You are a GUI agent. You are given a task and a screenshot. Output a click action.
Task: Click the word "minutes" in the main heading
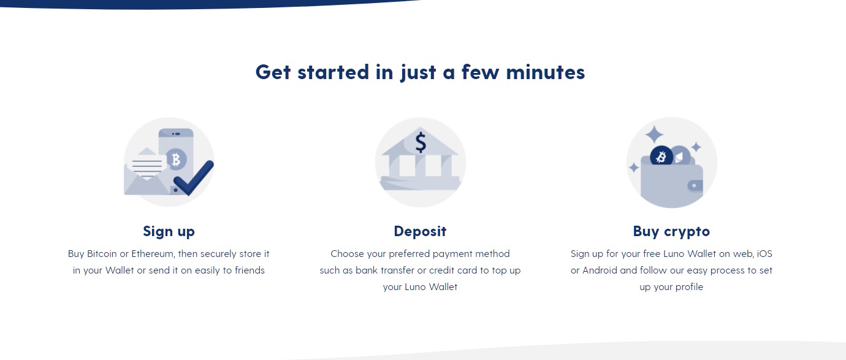pyautogui.click(x=546, y=72)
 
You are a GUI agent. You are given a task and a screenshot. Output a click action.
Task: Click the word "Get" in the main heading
pyautogui.click(x=273, y=72)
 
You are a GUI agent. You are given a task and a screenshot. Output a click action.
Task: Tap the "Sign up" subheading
pyautogui.click(x=169, y=232)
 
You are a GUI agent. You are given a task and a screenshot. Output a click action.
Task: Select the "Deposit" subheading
pyautogui.click(x=420, y=232)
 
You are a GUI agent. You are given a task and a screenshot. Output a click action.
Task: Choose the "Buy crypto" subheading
pyautogui.click(x=671, y=232)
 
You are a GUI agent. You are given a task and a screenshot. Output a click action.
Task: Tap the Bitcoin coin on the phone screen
pyautogui.click(x=177, y=159)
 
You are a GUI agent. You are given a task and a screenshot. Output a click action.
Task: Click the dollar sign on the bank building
pyautogui.click(x=421, y=142)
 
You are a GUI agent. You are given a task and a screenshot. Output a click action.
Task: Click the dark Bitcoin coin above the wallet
pyautogui.click(x=661, y=156)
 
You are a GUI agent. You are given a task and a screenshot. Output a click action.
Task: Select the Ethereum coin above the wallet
pyautogui.click(x=680, y=156)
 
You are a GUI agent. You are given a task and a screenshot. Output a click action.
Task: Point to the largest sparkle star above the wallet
pyautogui.click(x=654, y=134)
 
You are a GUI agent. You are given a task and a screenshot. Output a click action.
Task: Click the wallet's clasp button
pyautogui.click(x=694, y=185)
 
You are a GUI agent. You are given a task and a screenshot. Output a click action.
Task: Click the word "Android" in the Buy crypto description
pyautogui.click(x=600, y=270)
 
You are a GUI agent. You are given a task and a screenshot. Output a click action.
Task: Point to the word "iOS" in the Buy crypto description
pyautogui.click(x=765, y=254)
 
